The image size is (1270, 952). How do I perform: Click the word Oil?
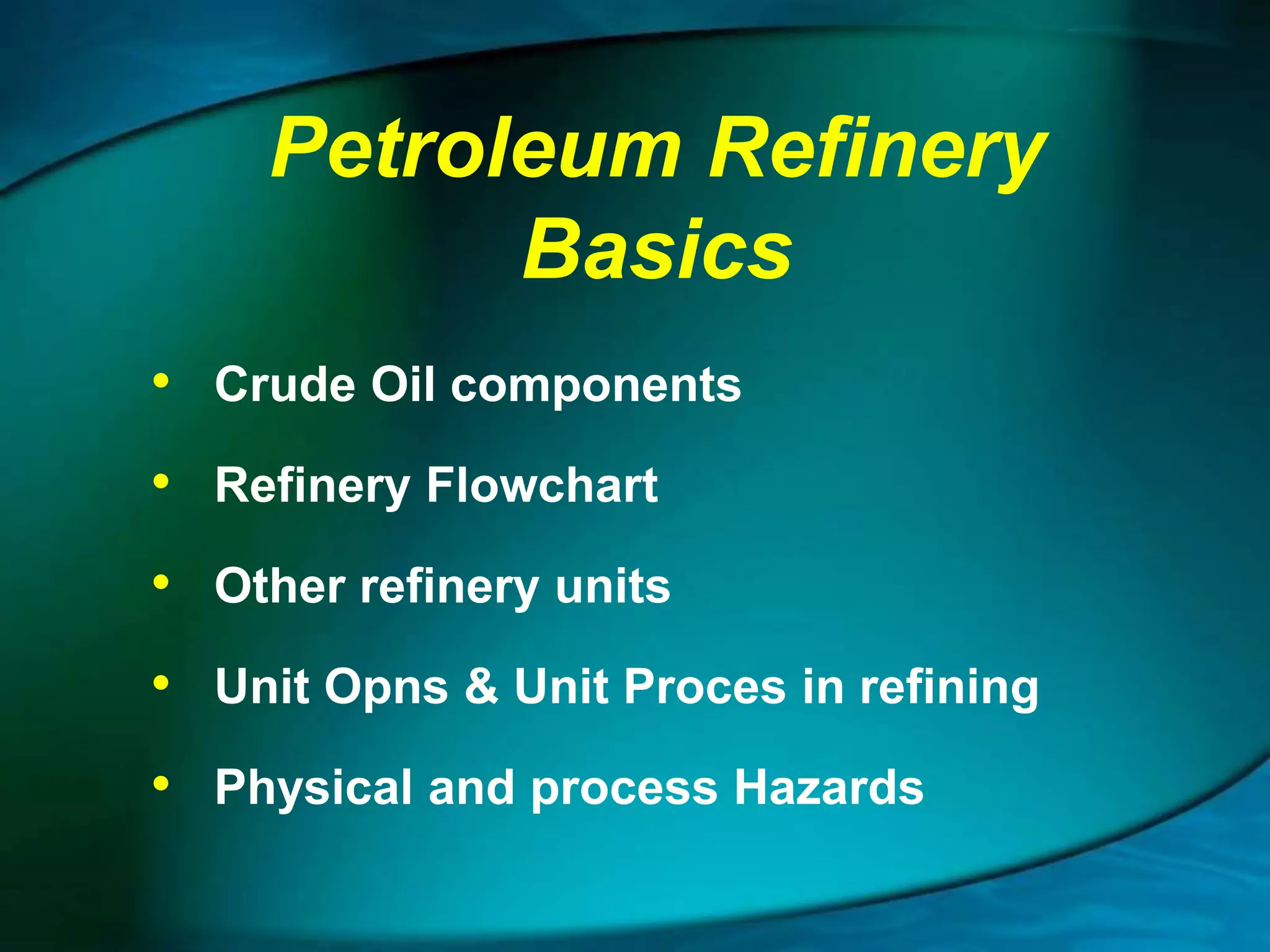coord(402,384)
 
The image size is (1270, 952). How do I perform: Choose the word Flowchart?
coord(542,485)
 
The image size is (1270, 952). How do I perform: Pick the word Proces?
coord(704,687)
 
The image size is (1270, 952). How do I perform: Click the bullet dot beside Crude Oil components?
coord(161,381)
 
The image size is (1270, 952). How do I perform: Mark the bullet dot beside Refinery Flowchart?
coord(161,481)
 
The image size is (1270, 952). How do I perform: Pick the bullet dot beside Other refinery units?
coord(161,582)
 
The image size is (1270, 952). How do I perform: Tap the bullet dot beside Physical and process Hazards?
coord(161,783)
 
